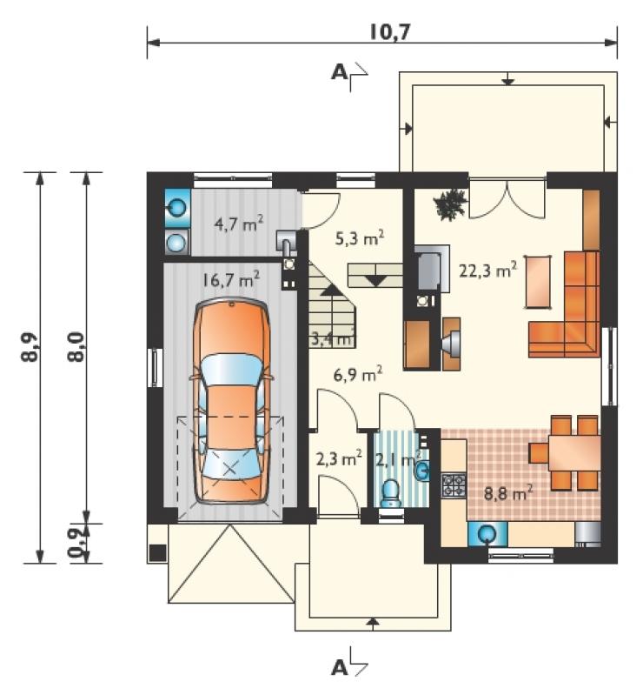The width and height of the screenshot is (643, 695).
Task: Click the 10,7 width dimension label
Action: [x=384, y=32]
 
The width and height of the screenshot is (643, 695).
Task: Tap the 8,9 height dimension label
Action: [x=30, y=348]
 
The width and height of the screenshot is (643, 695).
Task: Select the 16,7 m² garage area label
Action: [x=231, y=280]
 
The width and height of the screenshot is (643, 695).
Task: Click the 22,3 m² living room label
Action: [x=488, y=270]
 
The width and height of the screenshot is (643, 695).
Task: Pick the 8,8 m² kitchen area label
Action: [x=508, y=492]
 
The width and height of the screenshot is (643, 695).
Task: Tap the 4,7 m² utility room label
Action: [x=239, y=224]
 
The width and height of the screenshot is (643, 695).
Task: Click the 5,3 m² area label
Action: [x=359, y=238]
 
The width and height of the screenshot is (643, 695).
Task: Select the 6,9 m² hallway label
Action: [x=358, y=375]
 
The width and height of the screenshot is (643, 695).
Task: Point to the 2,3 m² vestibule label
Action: [x=339, y=458]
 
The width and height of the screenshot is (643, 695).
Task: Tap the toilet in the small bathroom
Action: [x=391, y=493]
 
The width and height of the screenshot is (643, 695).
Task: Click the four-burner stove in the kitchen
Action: [x=454, y=484]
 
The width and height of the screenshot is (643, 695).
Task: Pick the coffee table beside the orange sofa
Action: [x=538, y=282]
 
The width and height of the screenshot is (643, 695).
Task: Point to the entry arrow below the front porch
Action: [x=374, y=623]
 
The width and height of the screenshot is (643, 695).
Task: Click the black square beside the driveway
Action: [x=157, y=552]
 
